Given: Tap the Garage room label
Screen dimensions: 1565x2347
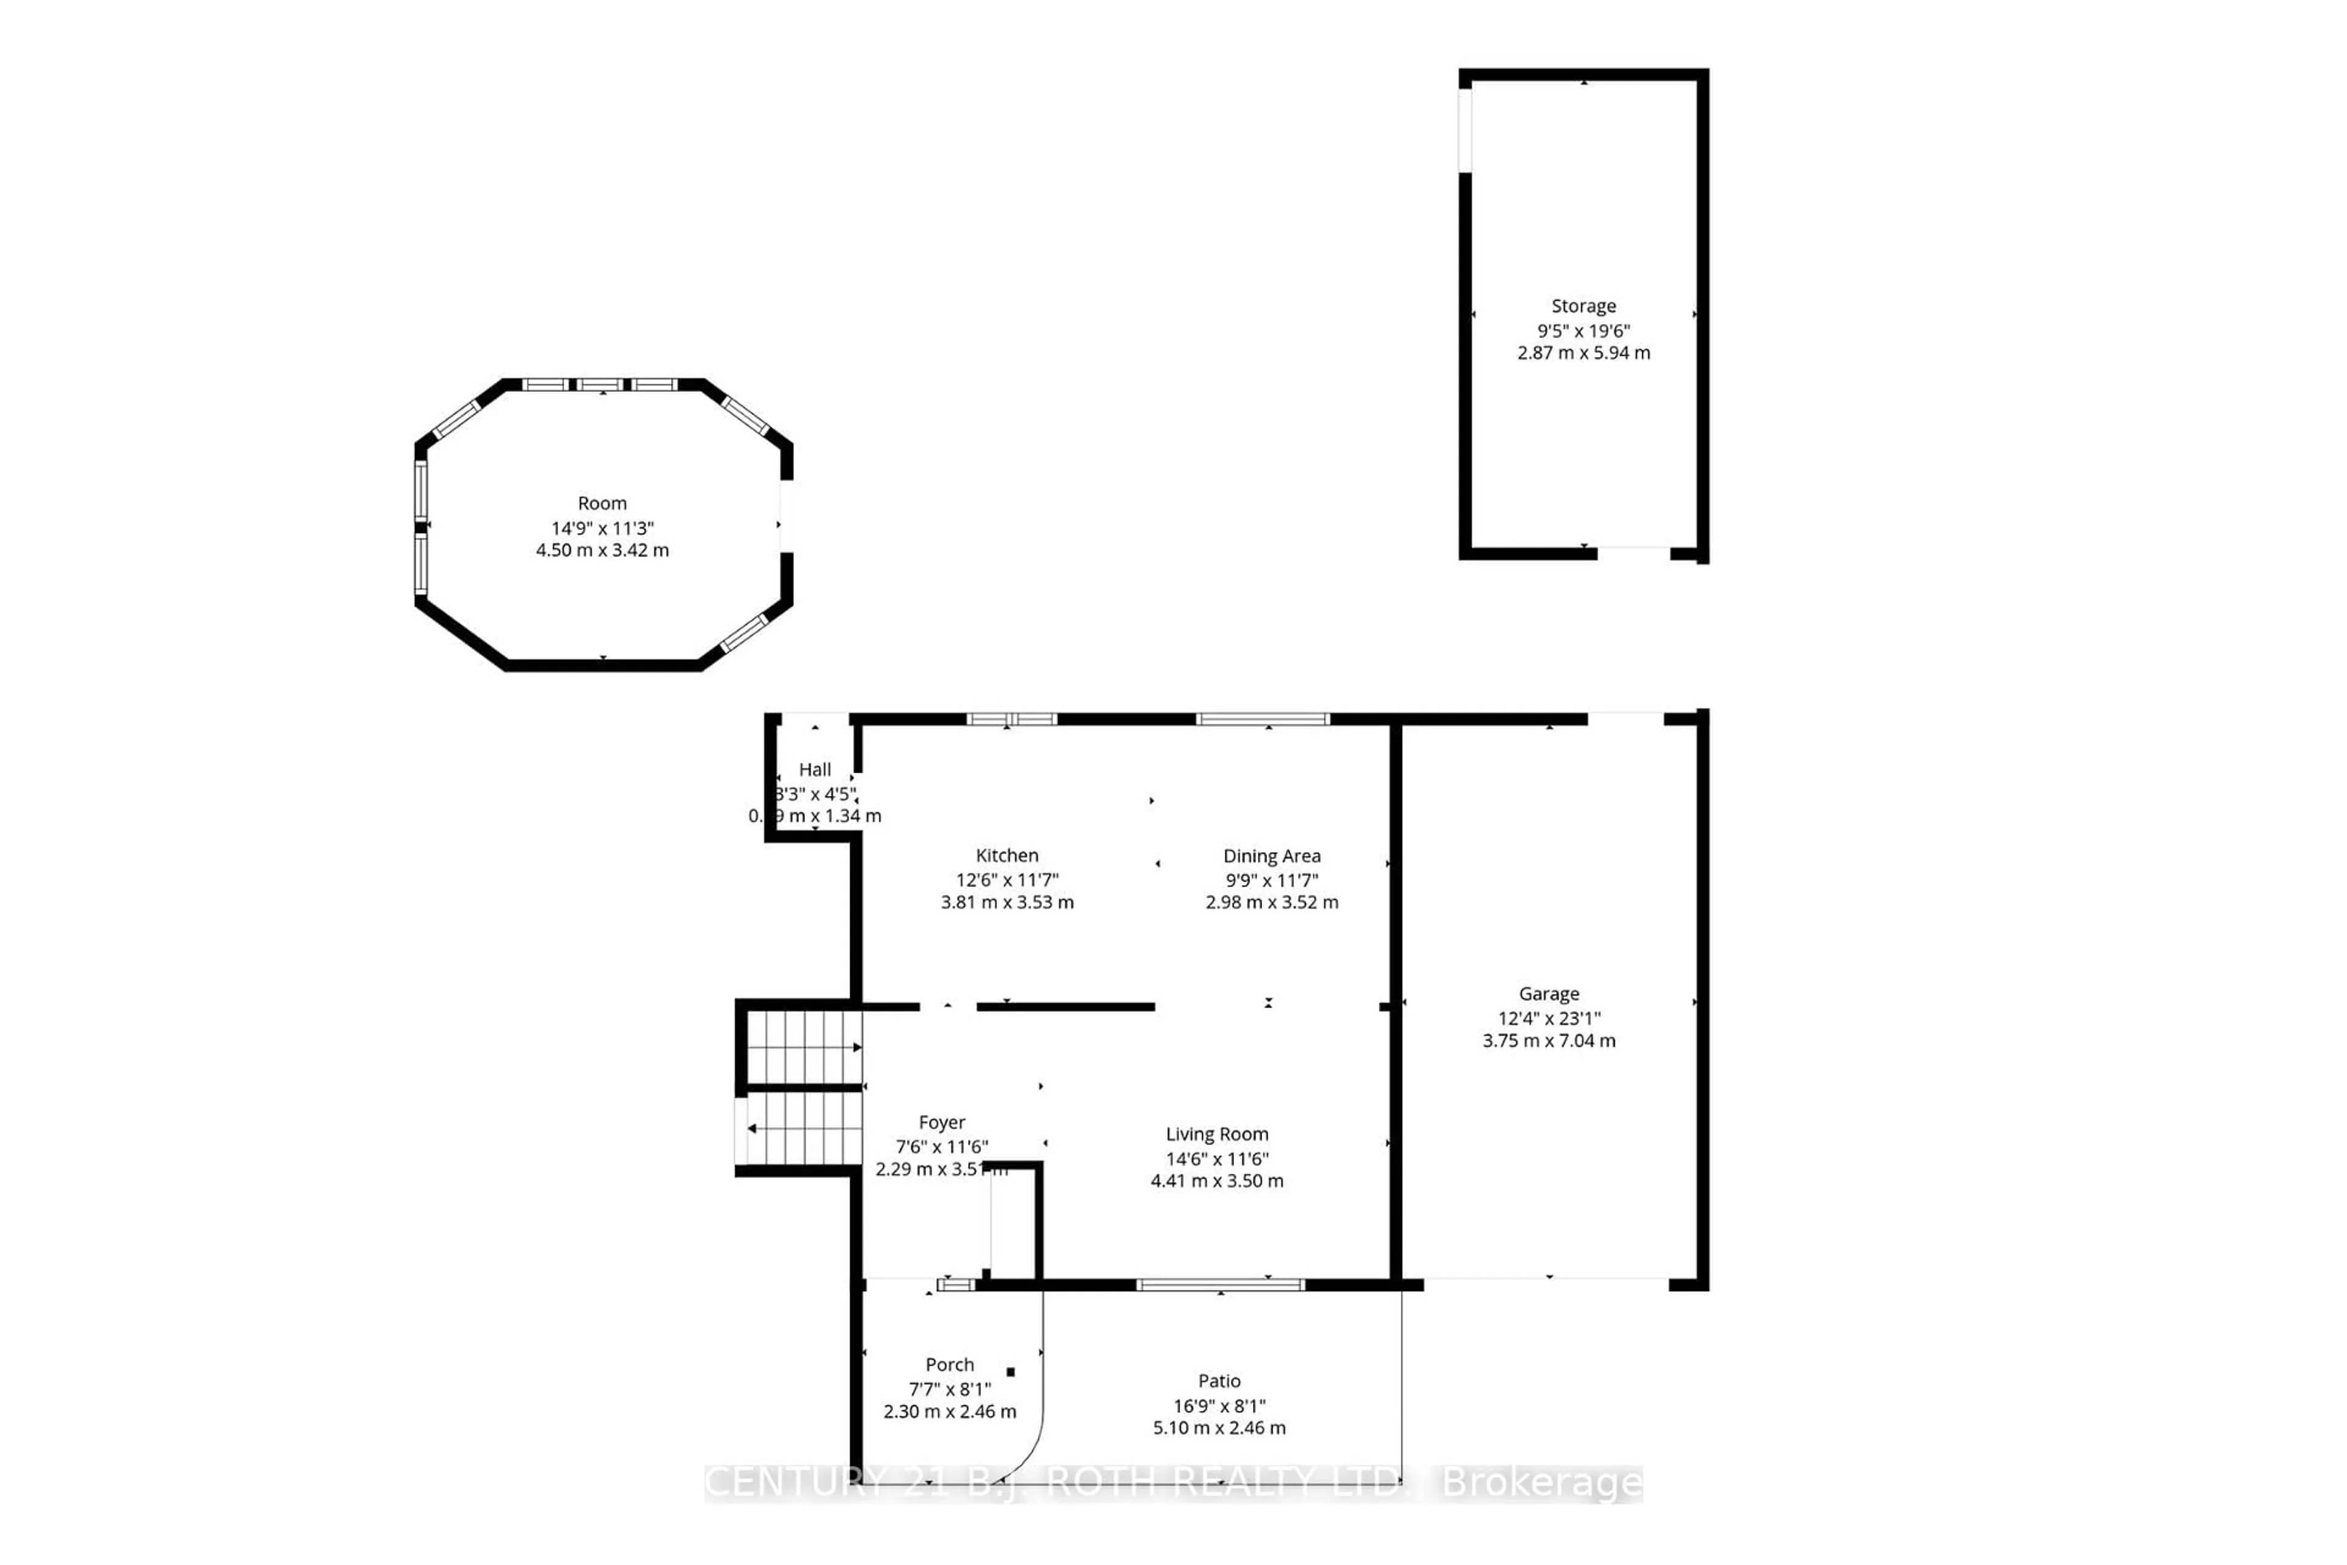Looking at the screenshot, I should [x=1549, y=994].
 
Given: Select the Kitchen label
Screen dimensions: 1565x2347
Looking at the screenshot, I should [x=1007, y=855].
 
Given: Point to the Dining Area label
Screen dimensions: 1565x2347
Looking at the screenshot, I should [x=1271, y=856].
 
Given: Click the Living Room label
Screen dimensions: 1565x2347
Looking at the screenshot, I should [x=1216, y=1135].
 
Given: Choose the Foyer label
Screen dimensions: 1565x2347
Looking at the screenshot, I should [x=942, y=1123].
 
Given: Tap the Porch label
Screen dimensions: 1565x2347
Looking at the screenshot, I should [x=949, y=1364].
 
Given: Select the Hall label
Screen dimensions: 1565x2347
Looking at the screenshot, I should [x=814, y=770].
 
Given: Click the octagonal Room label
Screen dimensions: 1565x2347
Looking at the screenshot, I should [x=601, y=504].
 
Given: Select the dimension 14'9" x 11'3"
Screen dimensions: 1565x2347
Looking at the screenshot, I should [x=601, y=528].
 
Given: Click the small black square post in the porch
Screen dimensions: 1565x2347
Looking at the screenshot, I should [x=1011, y=1372].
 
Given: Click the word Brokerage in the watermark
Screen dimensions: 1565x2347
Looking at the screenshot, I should [x=1541, y=1484].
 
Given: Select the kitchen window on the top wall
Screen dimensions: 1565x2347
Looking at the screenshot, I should [x=1011, y=719].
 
